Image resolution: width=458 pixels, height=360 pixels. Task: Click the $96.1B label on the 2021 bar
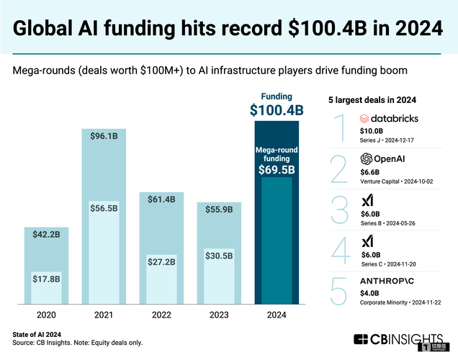click(x=104, y=135)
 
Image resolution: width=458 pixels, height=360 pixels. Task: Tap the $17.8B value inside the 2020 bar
click(x=45, y=279)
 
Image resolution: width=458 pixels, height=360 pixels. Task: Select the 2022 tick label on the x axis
click(x=161, y=315)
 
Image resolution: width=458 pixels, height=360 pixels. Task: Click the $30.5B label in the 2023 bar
click(x=219, y=256)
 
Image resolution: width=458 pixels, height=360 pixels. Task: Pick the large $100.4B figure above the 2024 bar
click(x=277, y=110)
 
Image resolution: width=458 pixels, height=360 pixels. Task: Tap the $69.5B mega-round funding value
click(x=277, y=171)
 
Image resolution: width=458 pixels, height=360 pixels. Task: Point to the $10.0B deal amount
click(x=372, y=132)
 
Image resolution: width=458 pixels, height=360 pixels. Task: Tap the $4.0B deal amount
click(x=369, y=292)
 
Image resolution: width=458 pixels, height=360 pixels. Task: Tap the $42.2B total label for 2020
click(x=46, y=233)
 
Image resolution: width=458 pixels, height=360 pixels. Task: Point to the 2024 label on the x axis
click(x=277, y=315)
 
